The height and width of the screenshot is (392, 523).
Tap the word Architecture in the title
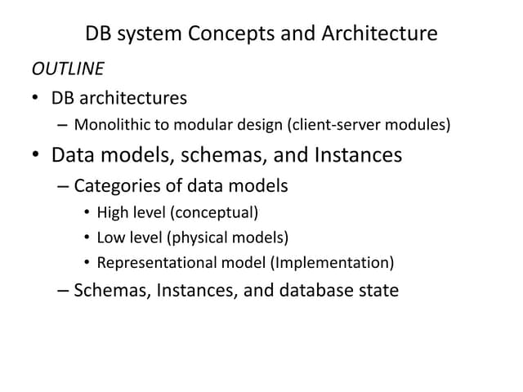379,33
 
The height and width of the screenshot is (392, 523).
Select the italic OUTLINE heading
68,69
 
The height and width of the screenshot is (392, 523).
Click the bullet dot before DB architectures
35,98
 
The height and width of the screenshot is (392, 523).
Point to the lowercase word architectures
133,98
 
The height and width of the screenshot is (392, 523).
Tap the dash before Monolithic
62,126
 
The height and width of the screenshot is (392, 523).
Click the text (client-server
334,125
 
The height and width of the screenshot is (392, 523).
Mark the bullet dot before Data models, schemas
35,154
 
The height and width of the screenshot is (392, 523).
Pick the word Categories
118,186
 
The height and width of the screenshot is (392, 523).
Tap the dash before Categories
63,187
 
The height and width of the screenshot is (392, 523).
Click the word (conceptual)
214,212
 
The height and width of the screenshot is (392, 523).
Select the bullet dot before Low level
87,238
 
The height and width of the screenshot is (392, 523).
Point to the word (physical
197,238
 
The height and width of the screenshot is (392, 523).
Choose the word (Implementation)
333,263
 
